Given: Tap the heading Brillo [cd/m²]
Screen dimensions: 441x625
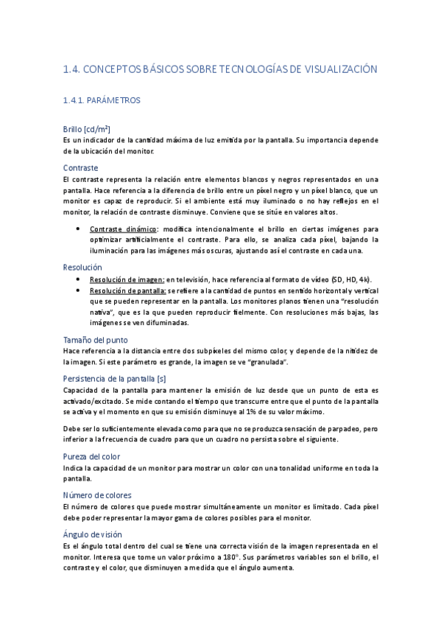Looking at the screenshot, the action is tap(87, 128).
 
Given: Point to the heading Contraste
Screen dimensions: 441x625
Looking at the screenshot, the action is tap(81, 167).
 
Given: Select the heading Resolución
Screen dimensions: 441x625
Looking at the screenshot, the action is tap(82, 267).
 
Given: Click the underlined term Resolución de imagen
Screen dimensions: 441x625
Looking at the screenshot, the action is tap(126, 280).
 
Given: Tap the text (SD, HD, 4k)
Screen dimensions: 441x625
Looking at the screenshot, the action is tap(351, 280).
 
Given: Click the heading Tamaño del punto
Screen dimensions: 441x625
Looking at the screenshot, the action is tap(96, 340).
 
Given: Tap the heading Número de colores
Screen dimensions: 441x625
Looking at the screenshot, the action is tap(97, 495).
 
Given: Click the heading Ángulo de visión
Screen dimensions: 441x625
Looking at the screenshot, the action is tap(93, 534).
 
